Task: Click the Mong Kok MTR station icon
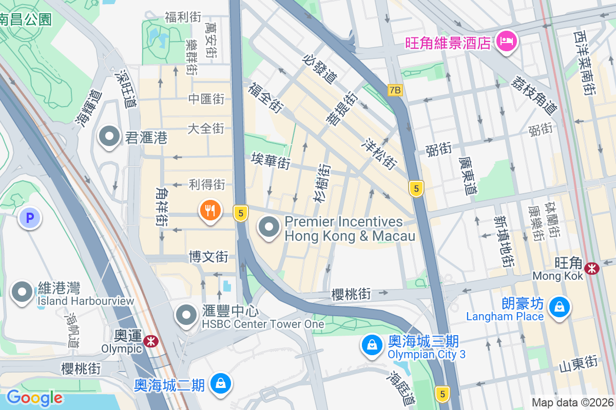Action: point(592,268)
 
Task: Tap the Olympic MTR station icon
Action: point(151,341)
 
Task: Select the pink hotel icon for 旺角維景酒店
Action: point(506,42)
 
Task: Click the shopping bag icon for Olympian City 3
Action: point(371,345)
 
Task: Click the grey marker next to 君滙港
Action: point(109,137)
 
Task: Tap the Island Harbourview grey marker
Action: point(22,292)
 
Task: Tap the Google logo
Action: point(34,398)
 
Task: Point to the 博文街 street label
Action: point(208,256)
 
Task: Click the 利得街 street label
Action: point(207,184)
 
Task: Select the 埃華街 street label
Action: point(271,161)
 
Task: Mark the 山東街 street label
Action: point(579,363)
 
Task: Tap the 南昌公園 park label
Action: point(26,19)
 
